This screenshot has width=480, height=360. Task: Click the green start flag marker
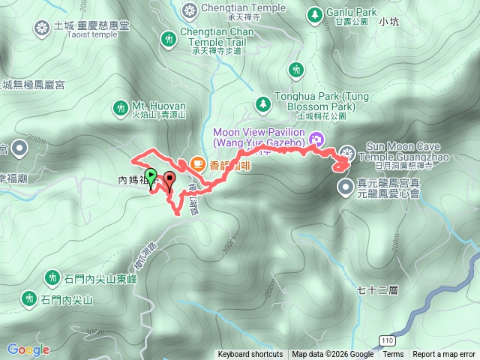[151, 177]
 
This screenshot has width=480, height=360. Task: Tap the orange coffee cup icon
[197, 162]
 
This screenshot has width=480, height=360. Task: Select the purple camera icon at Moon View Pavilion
[316, 138]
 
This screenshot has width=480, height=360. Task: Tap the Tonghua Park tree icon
[262, 103]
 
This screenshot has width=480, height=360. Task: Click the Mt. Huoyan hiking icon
[120, 108]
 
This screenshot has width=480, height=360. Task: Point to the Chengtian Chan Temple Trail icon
[169, 37]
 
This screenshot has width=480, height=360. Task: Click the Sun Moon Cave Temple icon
[346, 151]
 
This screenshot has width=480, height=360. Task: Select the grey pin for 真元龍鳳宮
[345, 186]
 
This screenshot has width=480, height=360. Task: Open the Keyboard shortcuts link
[250, 355]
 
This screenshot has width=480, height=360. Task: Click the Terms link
[393, 355]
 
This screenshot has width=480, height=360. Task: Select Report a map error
[445, 355]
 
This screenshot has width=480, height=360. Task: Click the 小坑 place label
[388, 22]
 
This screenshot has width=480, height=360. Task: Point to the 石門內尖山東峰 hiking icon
[52, 277]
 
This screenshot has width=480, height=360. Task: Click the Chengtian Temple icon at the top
[189, 10]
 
